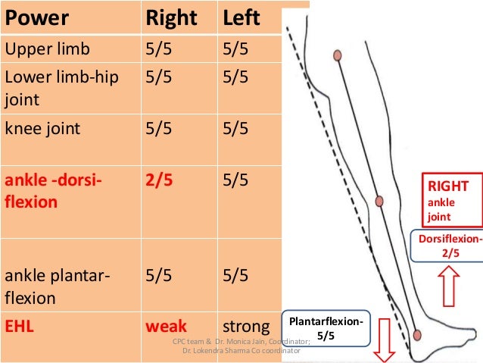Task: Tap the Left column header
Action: click(241, 18)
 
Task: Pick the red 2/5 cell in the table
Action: click(160, 182)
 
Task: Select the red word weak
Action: click(166, 327)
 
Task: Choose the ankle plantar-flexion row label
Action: click(58, 286)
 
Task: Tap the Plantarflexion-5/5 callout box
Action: click(326, 327)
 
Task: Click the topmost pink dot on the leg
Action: click(337, 55)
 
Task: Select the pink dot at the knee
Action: click(380, 202)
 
